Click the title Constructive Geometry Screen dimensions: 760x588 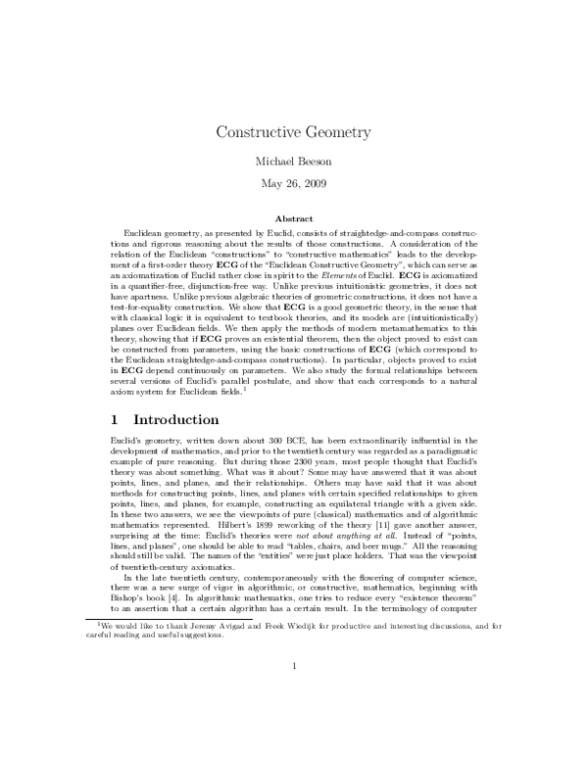tap(294, 130)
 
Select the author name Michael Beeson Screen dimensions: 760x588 tap(294, 160)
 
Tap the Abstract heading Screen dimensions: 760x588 tap(294, 217)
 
